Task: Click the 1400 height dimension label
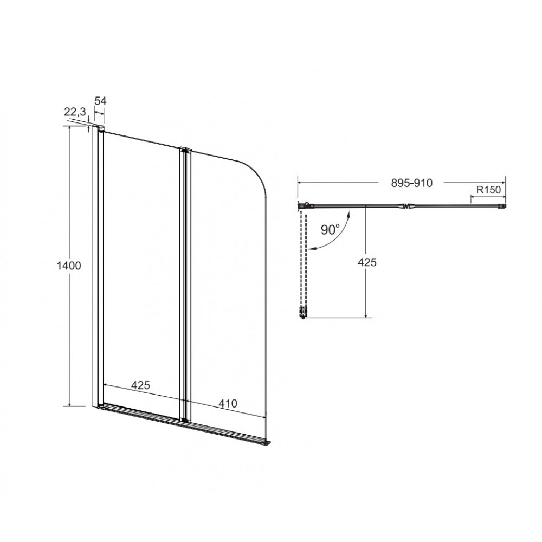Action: [69, 266]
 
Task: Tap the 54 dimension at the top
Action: [101, 101]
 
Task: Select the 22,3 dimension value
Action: [75, 112]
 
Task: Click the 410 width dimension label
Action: [228, 403]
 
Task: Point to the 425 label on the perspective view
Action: [141, 385]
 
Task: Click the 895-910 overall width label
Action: [412, 183]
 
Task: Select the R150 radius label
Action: [488, 190]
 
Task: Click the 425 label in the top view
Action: [367, 262]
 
